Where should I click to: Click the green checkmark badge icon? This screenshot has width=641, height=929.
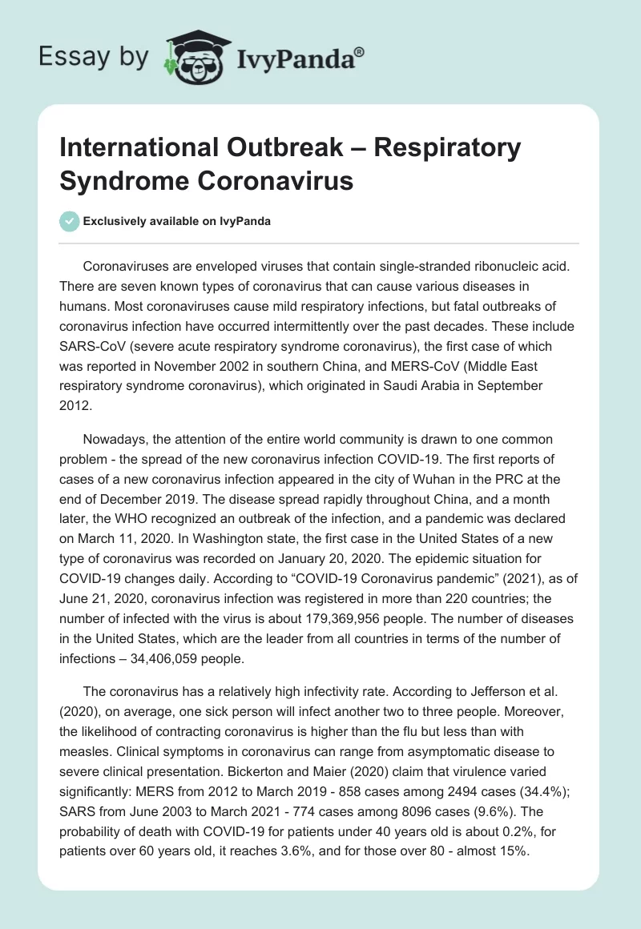[71, 221]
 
